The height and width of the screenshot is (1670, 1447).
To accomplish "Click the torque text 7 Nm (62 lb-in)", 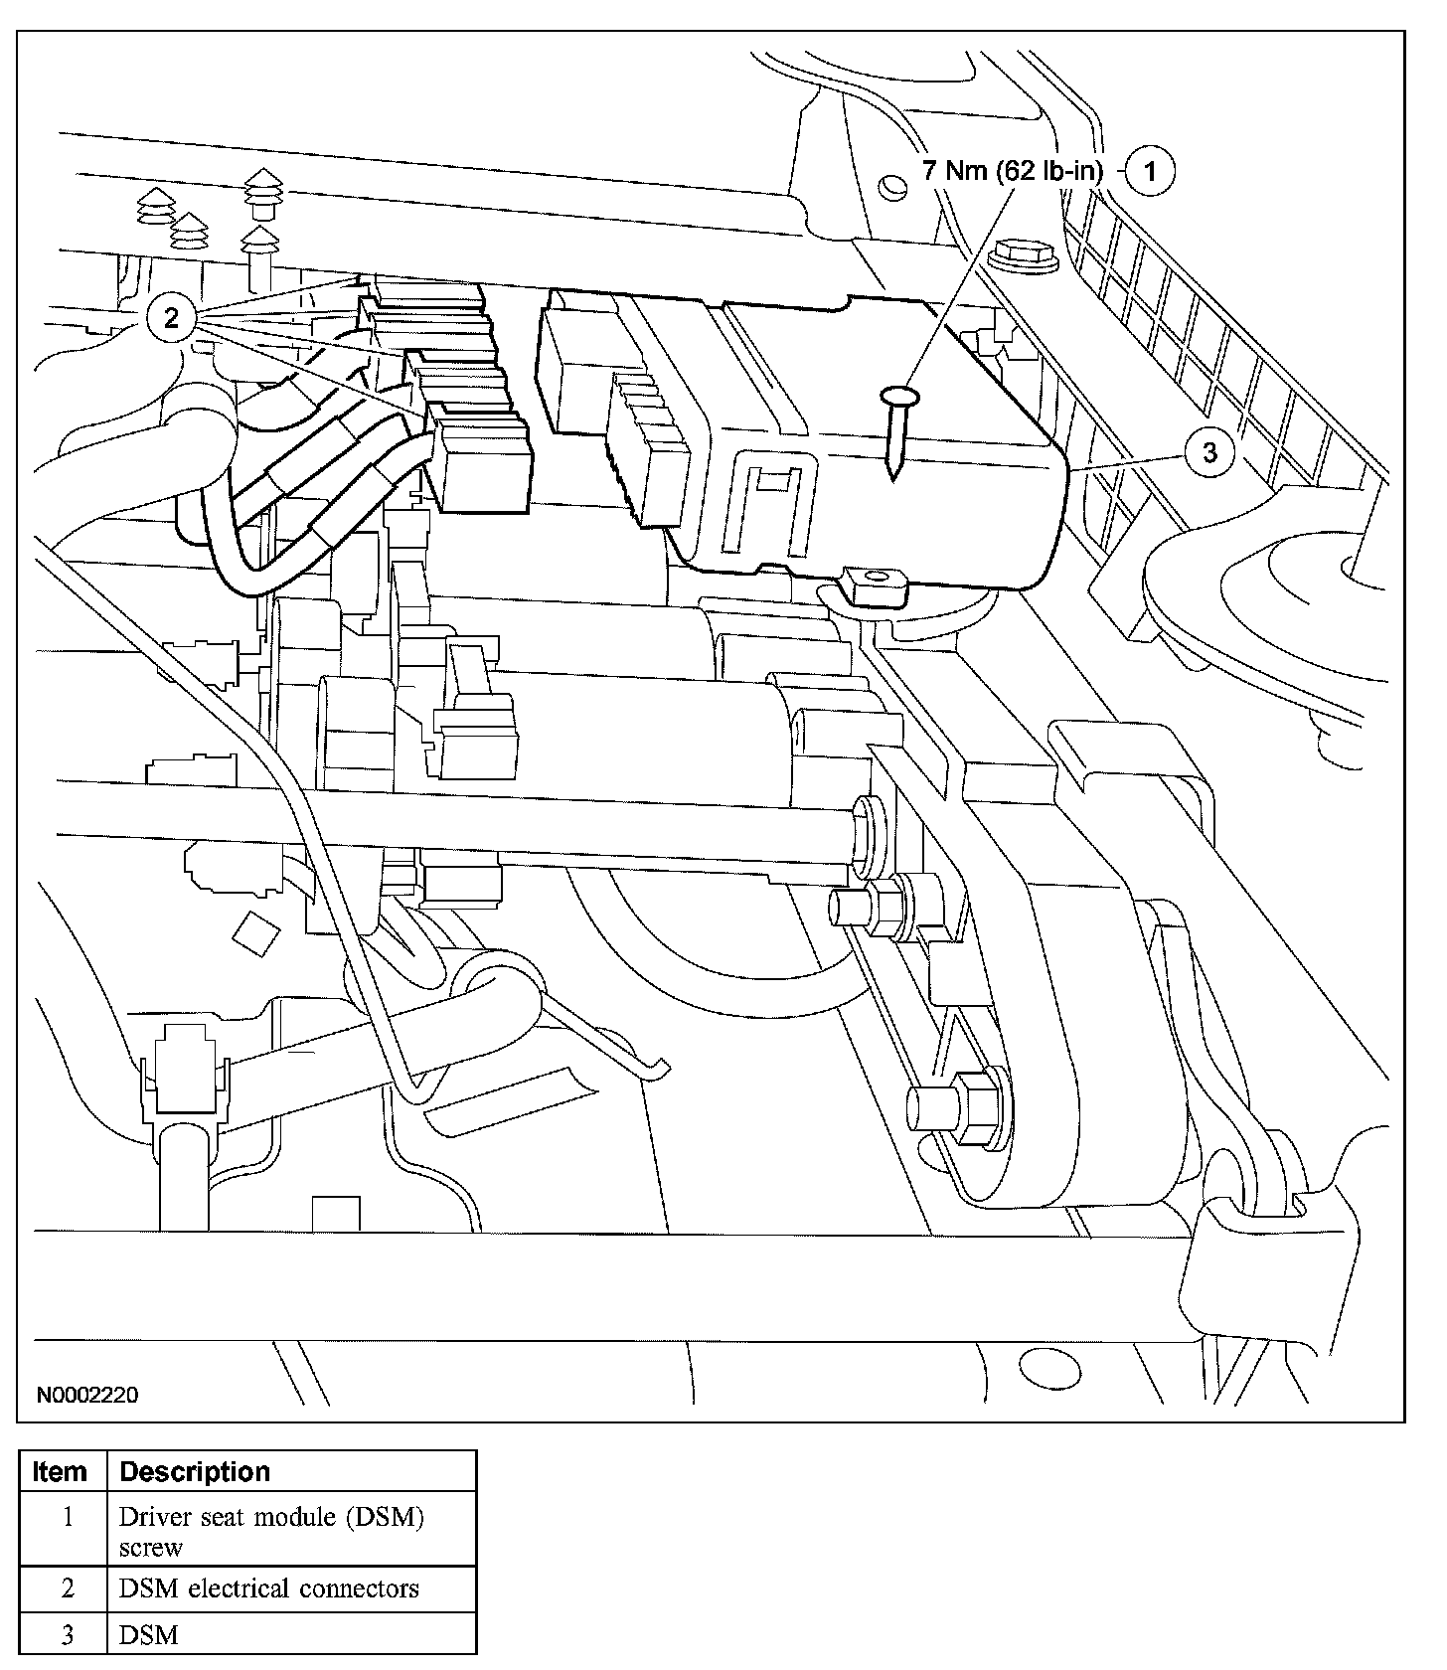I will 1013,171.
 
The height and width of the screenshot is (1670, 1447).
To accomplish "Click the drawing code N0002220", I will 87,1395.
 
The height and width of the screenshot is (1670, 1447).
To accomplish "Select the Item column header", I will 61,1471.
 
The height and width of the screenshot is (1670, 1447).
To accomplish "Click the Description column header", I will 195,1471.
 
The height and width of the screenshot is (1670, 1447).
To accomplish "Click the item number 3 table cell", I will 67,1635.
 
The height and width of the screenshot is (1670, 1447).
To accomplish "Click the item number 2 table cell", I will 67,1588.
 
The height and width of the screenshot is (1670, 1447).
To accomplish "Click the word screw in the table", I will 150,1548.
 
